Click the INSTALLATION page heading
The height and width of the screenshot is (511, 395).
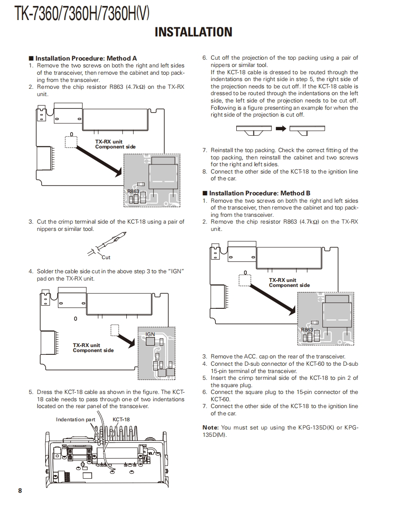pyautogui.click(x=193, y=32)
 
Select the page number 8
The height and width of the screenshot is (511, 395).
pyautogui.click(x=20, y=491)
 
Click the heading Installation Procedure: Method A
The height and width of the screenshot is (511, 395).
pyautogui.click(x=86, y=58)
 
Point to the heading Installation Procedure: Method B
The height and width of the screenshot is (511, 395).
pyautogui.click(x=260, y=193)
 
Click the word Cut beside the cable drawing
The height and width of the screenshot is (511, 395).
pyautogui.click(x=106, y=257)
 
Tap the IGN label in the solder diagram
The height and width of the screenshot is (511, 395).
pyautogui.click(x=150, y=334)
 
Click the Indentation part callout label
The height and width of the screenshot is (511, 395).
pyautogui.click(x=76, y=419)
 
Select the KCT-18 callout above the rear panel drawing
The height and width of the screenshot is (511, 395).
pyautogui.click(x=121, y=419)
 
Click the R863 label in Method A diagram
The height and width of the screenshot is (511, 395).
pyautogui.click(x=133, y=191)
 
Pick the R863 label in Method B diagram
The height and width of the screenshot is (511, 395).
pyautogui.click(x=307, y=330)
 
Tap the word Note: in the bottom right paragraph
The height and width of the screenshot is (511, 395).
pyautogui.click(x=211, y=427)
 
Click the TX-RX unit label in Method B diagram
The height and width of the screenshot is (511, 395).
pyautogui.click(x=282, y=280)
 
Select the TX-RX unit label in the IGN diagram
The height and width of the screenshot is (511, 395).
pyautogui.click(x=86, y=345)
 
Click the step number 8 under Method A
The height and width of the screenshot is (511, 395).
pyautogui.click(x=205, y=172)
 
